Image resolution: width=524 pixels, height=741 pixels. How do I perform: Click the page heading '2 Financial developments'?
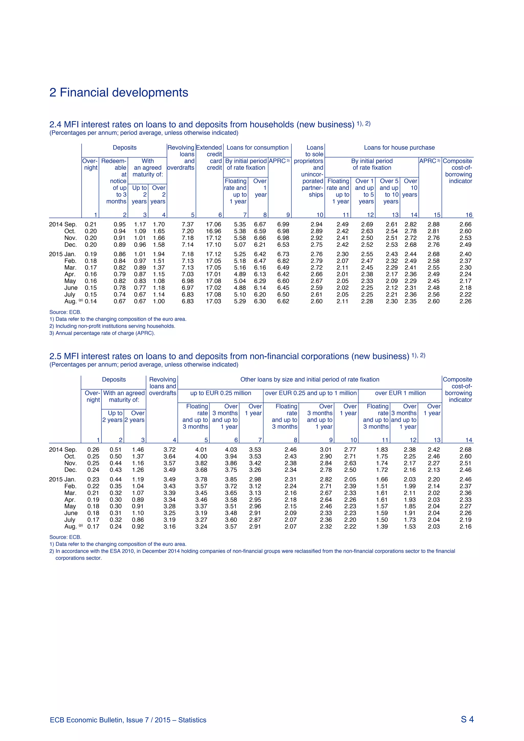[x=119, y=93]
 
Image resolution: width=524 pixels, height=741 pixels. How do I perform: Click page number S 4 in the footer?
[x=467, y=719]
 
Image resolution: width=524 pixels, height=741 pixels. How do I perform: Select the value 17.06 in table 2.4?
[x=214, y=224]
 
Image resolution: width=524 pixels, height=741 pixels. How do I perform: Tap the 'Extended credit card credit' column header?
[x=209, y=158]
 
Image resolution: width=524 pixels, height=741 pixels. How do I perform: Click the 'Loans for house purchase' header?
[x=399, y=147]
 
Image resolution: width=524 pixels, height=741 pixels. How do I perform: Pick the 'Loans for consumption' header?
[x=257, y=147]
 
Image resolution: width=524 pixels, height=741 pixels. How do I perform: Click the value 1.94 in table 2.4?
[x=159, y=254]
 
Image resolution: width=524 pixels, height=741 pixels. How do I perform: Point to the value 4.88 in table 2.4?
[x=240, y=288]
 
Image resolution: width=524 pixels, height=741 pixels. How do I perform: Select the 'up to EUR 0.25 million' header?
[x=221, y=393]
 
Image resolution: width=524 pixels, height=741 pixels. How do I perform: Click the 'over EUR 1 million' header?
[x=400, y=393]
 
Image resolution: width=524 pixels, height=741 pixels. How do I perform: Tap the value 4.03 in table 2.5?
[x=231, y=450]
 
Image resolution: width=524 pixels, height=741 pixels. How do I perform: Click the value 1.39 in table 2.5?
[x=382, y=526]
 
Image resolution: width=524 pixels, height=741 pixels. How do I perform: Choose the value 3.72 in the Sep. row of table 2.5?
[x=169, y=450]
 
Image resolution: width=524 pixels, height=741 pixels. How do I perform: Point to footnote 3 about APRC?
[x=102, y=333]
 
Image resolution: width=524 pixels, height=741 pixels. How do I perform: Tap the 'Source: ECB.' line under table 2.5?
[x=65, y=537]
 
